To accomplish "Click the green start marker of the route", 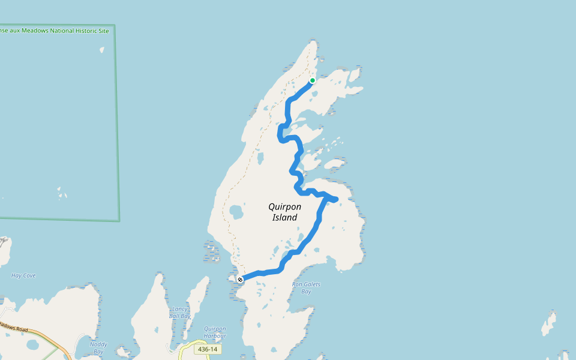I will click(313, 80).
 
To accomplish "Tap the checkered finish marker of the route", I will click(240, 280).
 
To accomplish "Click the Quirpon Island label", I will click(284, 212).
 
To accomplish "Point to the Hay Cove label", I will click(23, 275).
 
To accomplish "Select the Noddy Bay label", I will click(98, 347).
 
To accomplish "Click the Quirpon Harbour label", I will click(215, 332).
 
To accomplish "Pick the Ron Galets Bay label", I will click(306, 287).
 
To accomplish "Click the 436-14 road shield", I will click(208, 349).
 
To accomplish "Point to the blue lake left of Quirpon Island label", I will click(236, 212).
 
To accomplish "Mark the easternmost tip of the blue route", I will click(337, 199).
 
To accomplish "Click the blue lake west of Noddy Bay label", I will click(32, 345).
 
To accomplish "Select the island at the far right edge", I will click(548, 324).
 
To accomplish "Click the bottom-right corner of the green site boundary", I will click(119, 220).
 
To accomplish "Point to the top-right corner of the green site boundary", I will click(114, 25).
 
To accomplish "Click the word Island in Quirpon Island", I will click(284, 217).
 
